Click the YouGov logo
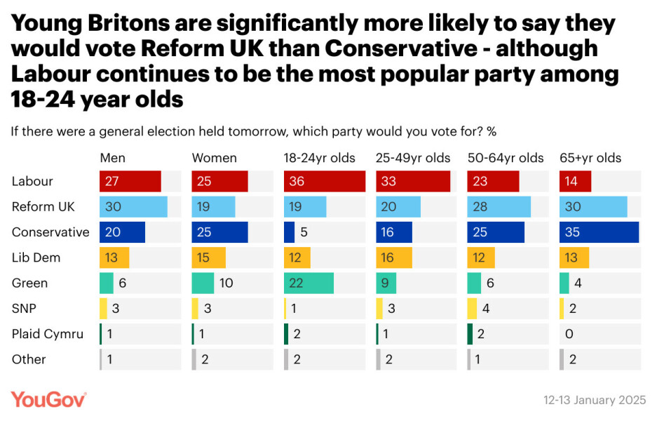48,399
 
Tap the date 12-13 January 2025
595,400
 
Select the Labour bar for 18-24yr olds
324,181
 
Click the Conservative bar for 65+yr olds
599,232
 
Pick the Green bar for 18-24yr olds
309,283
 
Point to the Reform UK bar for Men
133,207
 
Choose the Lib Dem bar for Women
208,258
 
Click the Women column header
214,158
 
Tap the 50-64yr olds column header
506,158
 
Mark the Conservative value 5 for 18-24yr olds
303,232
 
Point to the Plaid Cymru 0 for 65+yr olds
569,334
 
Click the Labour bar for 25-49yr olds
413,181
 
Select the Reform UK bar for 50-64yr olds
499,207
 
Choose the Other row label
29,359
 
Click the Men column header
112,158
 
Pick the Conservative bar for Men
122,232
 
